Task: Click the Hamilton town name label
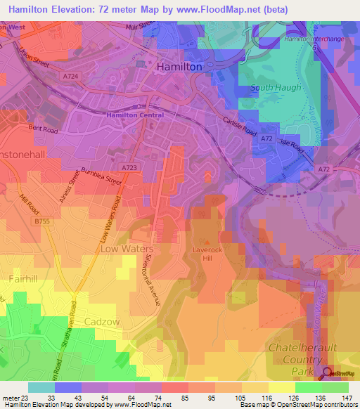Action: (179, 65)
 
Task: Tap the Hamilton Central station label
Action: (135, 115)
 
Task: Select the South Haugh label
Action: (271, 88)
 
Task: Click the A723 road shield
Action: (128, 168)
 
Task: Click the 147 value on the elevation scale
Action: (346, 398)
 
